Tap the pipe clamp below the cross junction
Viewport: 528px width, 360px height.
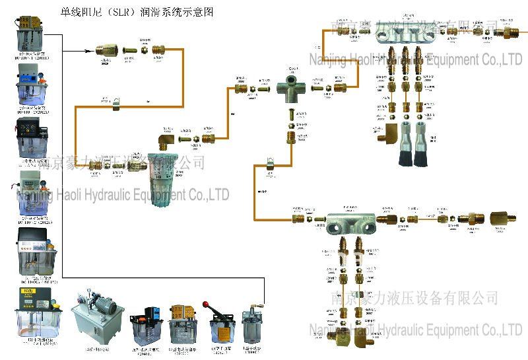click(x=269, y=164)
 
